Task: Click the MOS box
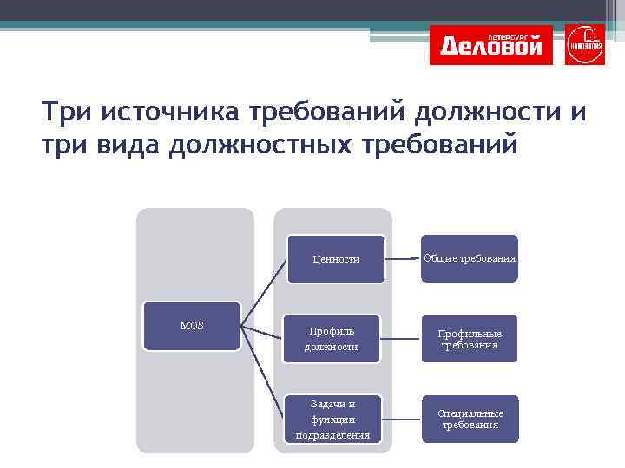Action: [192, 326]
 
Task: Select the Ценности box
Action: [336, 258]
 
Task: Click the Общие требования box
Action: [470, 258]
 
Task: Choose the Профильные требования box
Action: [470, 338]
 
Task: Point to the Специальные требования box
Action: [470, 419]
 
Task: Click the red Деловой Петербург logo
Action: [491, 45]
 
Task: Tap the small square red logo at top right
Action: [584, 45]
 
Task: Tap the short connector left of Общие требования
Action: [415, 257]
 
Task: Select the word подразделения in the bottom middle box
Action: [333, 435]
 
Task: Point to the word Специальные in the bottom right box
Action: [470, 413]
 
